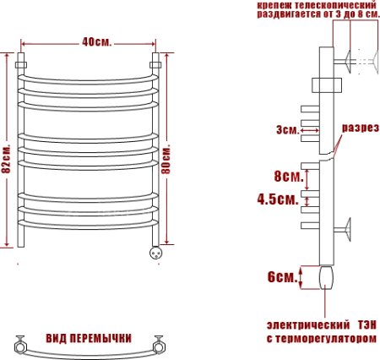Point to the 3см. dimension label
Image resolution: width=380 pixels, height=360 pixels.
click(x=287, y=130)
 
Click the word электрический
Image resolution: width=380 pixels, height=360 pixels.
click(x=308, y=325)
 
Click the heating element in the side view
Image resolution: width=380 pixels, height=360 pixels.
click(x=327, y=276)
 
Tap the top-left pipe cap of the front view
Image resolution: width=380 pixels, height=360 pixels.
click(x=23, y=63)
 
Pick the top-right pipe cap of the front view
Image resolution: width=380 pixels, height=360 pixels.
click(x=155, y=63)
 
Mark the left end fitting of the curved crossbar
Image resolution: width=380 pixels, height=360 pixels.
click(x=20, y=343)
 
